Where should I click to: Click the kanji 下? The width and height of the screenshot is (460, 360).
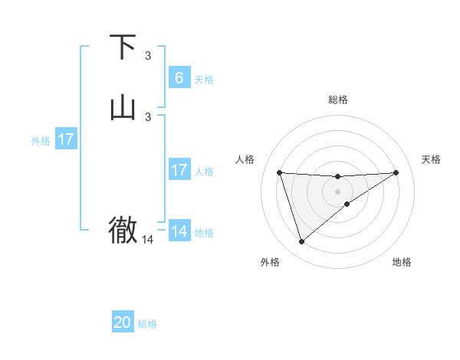(123, 47)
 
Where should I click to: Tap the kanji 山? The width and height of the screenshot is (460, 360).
(123, 108)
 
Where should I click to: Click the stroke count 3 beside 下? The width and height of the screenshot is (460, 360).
(148, 56)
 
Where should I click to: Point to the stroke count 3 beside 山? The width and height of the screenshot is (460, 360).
(148, 116)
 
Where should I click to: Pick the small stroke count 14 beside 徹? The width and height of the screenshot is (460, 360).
(148, 240)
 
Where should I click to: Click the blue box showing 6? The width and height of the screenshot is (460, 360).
(179, 77)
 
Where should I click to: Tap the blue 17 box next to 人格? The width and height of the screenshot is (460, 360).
(179, 170)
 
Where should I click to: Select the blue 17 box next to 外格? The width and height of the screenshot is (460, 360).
(66, 139)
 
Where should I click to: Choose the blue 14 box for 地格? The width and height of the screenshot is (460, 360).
(179, 231)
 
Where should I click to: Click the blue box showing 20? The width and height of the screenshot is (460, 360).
(123, 322)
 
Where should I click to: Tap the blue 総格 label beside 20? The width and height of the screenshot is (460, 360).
(147, 324)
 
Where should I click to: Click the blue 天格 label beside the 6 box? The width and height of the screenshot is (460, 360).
(204, 80)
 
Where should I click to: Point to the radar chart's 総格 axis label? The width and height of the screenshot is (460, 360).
(338, 100)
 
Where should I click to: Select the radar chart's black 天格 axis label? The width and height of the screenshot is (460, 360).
(431, 159)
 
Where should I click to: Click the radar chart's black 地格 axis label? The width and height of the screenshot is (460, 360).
(402, 262)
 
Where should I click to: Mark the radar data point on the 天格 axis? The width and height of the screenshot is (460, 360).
(396, 172)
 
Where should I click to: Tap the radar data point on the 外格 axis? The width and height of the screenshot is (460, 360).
(301, 242)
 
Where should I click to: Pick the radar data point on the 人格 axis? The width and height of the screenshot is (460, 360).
(279, 172)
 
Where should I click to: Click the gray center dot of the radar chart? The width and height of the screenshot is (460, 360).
(338, 191)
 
